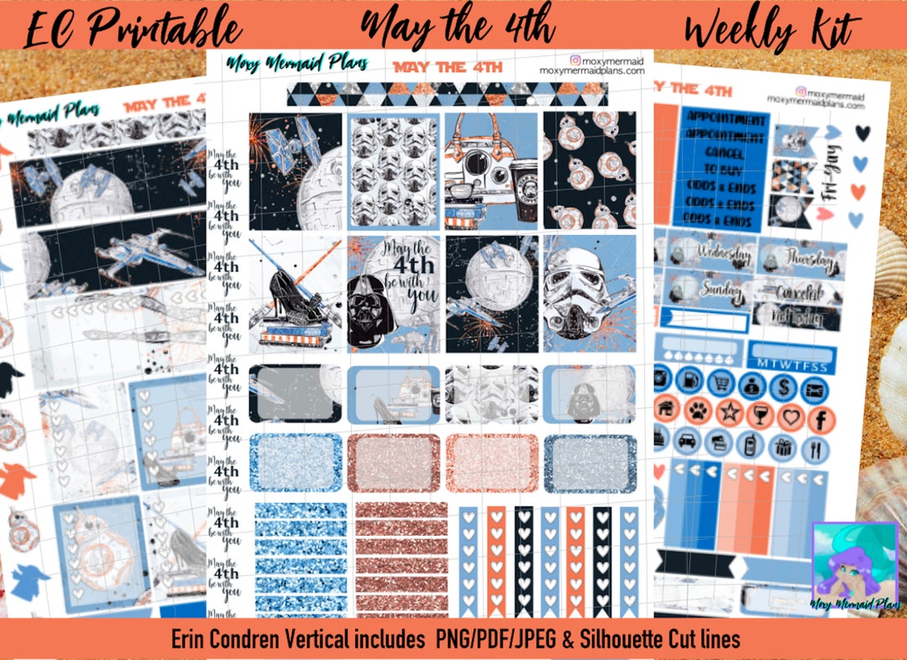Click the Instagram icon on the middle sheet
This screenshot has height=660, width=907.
[575, 61]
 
